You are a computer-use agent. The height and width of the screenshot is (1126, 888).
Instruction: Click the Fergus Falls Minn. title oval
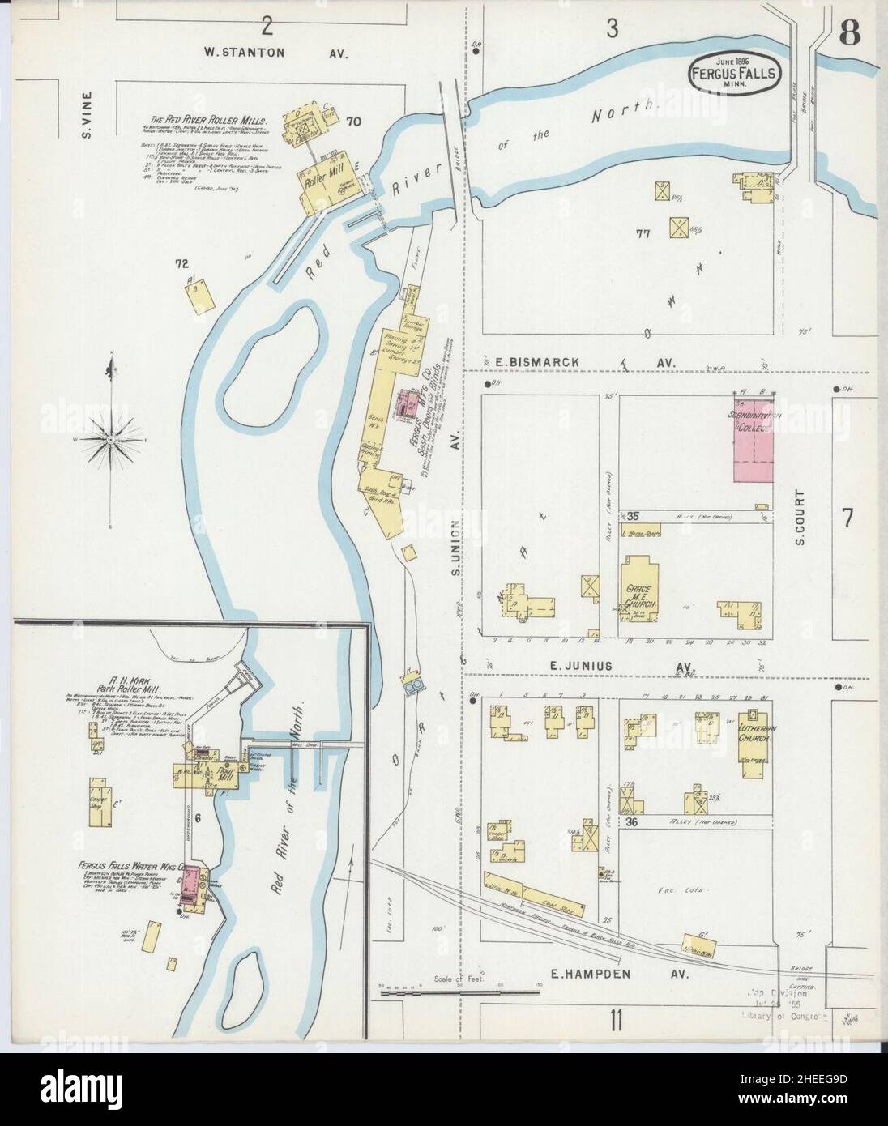coord(735,71)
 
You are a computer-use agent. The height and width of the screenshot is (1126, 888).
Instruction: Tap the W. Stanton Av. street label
coord(275,53)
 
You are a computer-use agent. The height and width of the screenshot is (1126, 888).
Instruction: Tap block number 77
coord(644,235)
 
